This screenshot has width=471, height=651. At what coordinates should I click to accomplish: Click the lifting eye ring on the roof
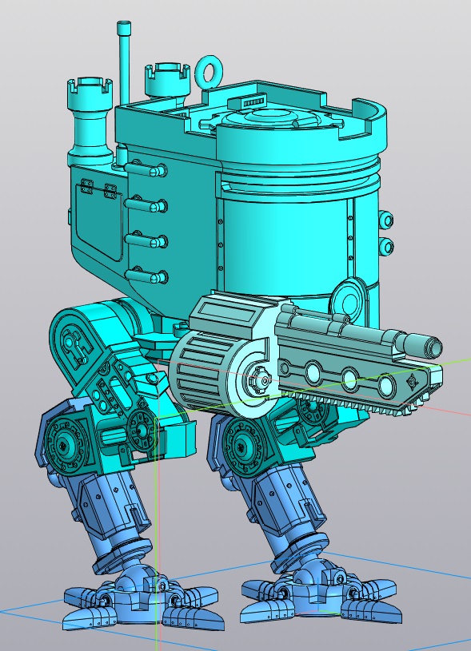210,72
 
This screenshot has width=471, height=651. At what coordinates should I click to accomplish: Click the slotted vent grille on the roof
249,104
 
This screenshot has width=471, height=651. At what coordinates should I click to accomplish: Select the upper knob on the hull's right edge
386,220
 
